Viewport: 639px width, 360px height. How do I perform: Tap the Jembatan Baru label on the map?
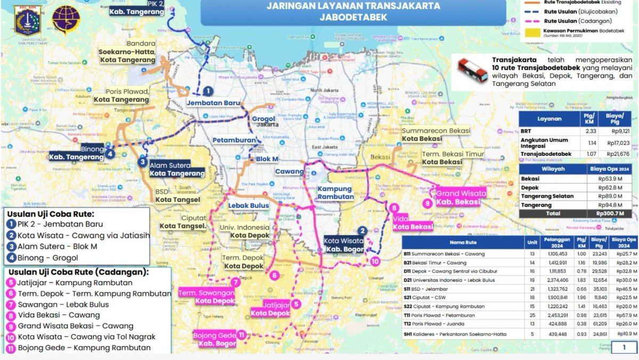click(x=213, y=103)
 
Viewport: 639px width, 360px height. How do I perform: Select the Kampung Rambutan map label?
click(x=335, y=193)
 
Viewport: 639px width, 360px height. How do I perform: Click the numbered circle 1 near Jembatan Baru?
click(x=208, y=92)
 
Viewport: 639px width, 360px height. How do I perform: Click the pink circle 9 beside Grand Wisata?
click(x=427, y=203)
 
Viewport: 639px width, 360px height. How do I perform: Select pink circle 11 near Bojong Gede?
click(x=241, y=335)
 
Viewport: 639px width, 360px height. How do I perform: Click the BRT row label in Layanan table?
click(x=527, y=130)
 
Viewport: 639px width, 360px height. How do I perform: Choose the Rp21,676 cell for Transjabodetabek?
click(x=618, y=154)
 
